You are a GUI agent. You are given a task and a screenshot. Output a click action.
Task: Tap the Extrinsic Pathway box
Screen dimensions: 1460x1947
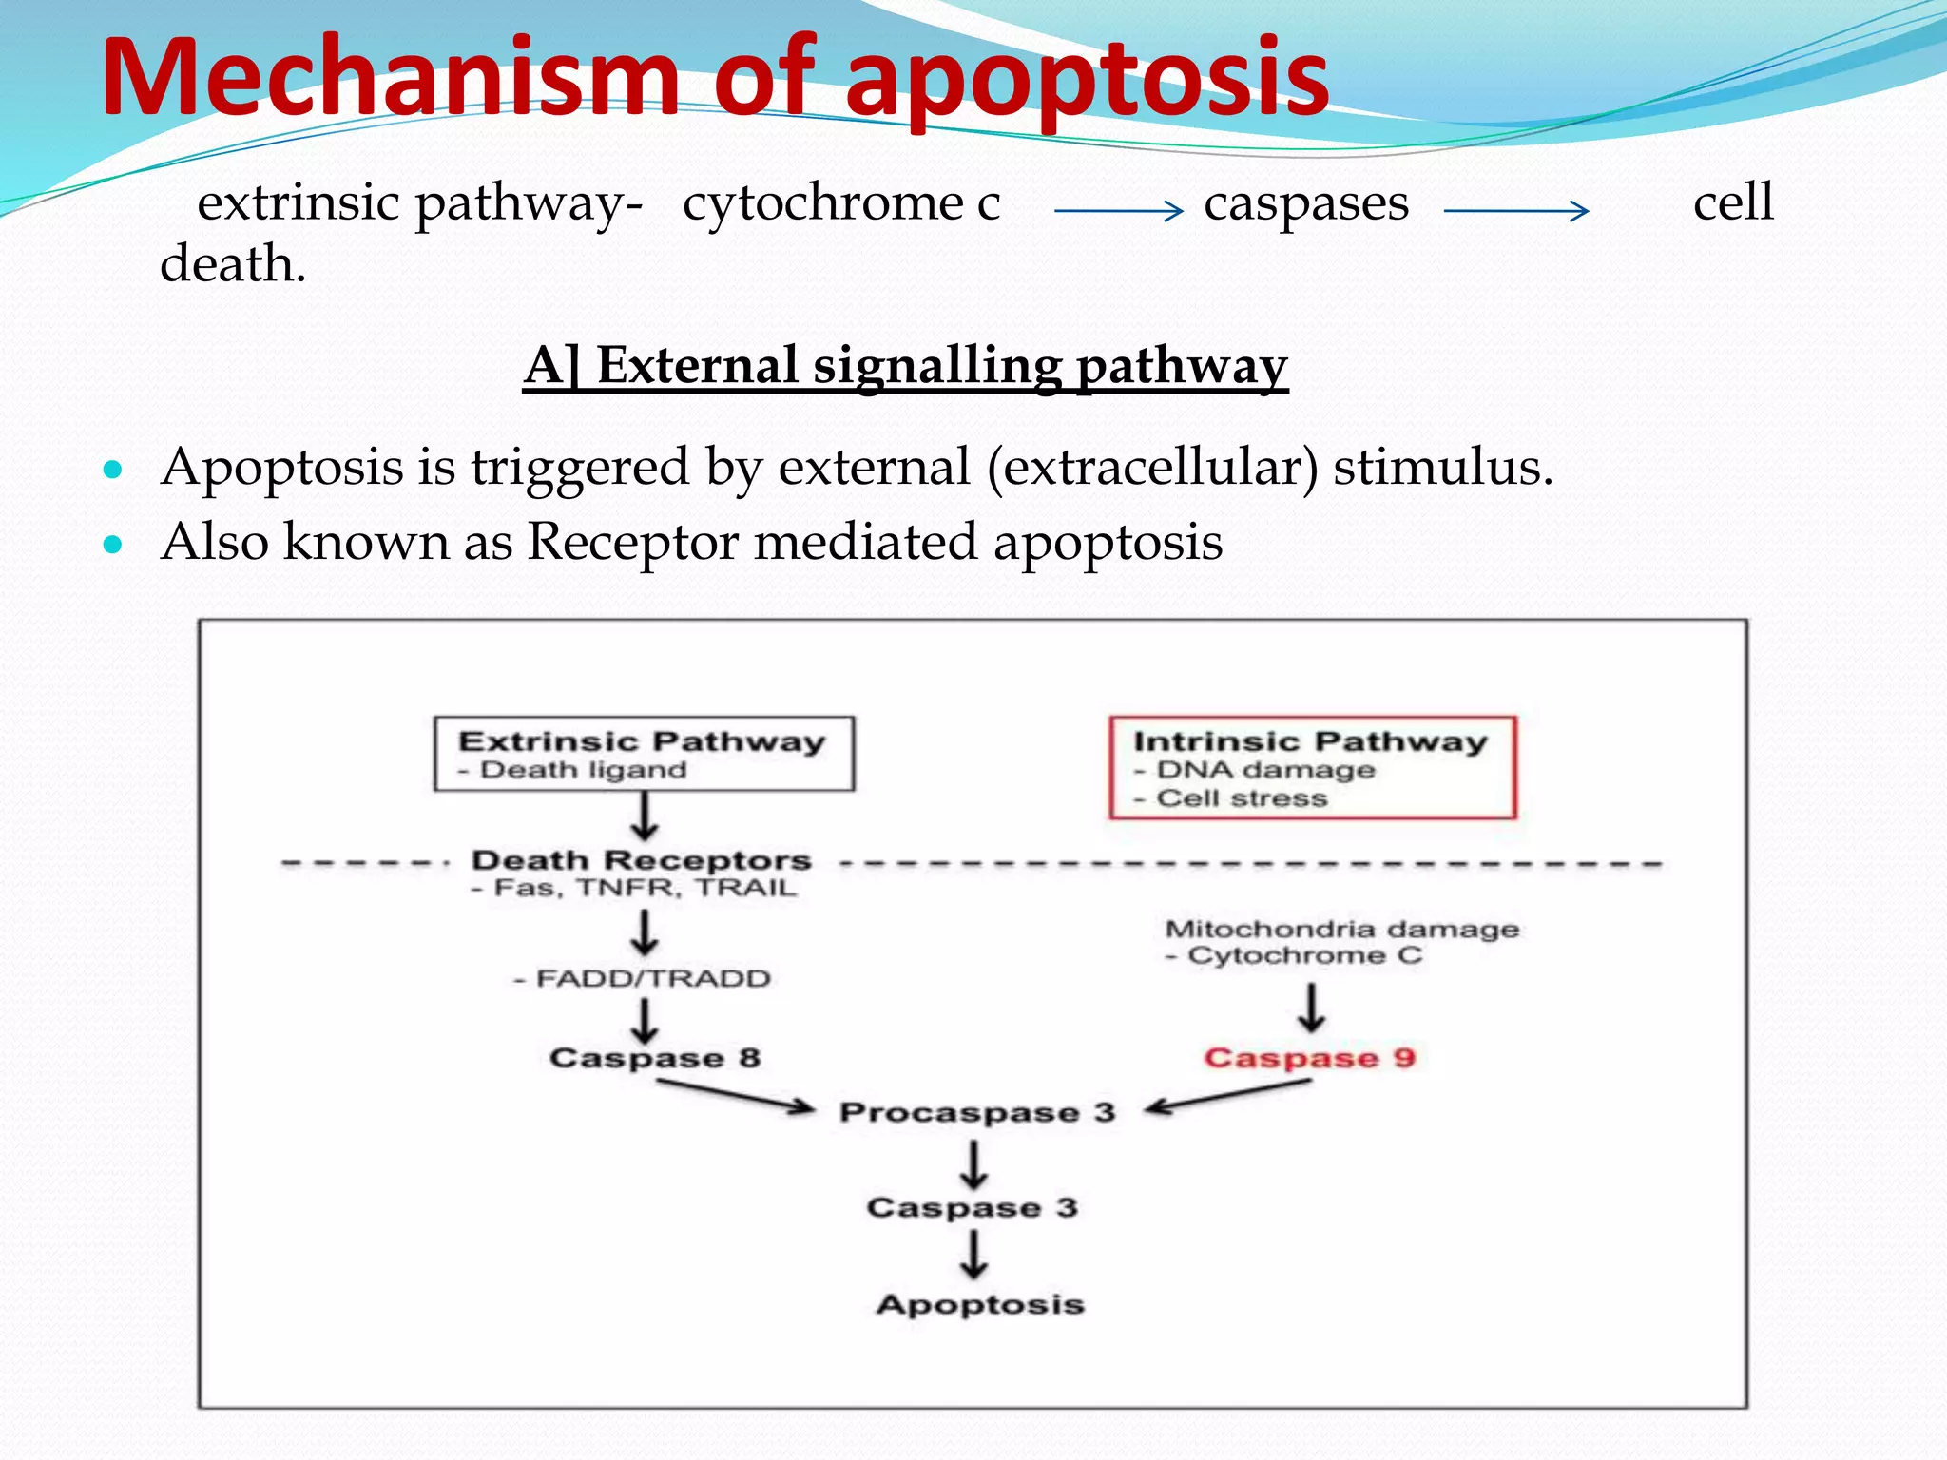pyautogui.click(x=644, y=754)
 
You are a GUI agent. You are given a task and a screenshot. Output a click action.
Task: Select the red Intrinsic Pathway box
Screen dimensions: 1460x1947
pyautogui.click(x=1312, y=768)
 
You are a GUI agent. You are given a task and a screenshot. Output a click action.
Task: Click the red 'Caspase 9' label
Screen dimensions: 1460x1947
pyautogui.click(x=1309, y=1058)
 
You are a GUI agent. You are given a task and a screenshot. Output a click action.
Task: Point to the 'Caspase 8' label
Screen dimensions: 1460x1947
pyautogui.click(x=655, y=1058)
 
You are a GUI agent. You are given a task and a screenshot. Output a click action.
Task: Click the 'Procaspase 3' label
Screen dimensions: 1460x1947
pyautogui.click(x=976, y=1112)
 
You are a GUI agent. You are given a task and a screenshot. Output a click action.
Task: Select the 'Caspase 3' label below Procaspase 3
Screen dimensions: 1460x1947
pyautogui.click(x=972, y=1208)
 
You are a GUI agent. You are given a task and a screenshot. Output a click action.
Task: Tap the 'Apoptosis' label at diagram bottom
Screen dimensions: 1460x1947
pyautogui.click(x=980, y=1304)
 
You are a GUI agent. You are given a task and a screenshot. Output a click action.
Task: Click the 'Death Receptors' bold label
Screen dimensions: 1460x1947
pyautogui.click(x=642, y=860)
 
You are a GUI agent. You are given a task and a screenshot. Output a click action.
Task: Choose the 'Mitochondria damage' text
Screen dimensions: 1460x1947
pyautogui.click(x=1341, y=929)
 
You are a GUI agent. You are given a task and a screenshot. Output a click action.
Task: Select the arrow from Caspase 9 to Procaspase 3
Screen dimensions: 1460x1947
pyautogui.click(x=1229, y=1096)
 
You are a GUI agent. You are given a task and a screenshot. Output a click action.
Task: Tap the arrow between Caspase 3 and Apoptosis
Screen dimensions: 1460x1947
pyautogui.click(x=973, y=1255)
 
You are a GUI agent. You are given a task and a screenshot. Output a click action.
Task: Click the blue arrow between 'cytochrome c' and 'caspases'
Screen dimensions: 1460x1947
pyautogui.click(x=1118, y=210)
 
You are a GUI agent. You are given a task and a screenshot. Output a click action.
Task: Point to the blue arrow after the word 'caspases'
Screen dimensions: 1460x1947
pyautogui.click(x=1515, y=210)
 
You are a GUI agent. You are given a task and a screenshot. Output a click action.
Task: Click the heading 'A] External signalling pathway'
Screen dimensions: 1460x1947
pyautogui.click(x=905, y=366)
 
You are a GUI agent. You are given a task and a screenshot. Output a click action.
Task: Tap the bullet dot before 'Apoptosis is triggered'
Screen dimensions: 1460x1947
pyautogui.click(x=113, y=470)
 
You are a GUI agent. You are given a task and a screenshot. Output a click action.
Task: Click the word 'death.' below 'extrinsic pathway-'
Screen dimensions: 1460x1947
pyautogui.click(x=233, y=264)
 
